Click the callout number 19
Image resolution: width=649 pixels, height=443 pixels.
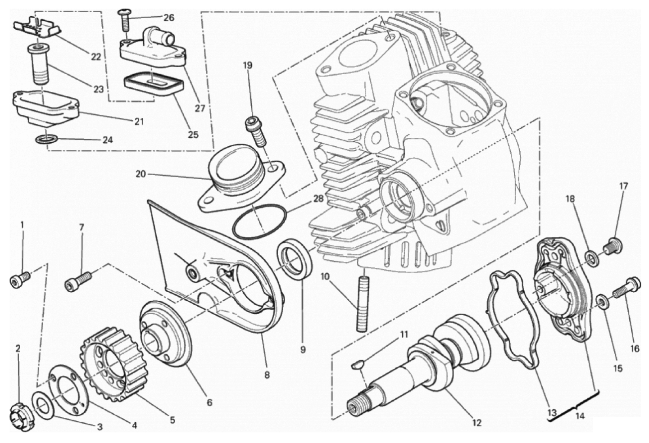[248, 65]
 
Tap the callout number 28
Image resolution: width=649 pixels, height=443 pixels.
[318, 199]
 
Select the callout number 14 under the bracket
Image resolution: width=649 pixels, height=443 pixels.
[580, 416]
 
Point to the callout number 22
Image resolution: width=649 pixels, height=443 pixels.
[95, 57]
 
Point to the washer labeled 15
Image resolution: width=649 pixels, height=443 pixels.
[601, 300]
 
